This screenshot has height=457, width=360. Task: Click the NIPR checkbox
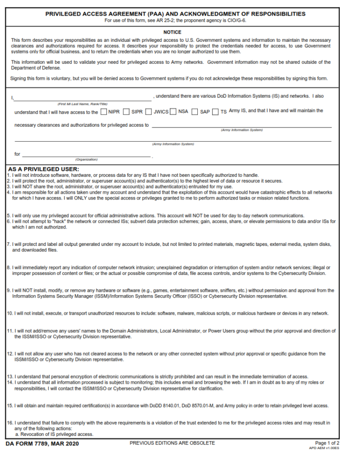click(103, 112)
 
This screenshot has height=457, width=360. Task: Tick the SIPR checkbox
click(127, 112)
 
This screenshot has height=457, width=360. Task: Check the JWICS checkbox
click(149, 112)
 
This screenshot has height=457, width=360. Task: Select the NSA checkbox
click(173, 112)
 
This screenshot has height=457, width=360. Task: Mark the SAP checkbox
click(195, 112)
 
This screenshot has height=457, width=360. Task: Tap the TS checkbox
click(216, 112)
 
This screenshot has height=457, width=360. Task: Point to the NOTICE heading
click(172, 32)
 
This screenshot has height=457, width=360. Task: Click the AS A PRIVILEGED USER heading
click(44, 169)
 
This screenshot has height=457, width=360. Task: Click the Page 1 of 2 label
click(327, 443)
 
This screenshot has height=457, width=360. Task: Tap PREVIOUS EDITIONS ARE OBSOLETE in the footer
click(172, 443)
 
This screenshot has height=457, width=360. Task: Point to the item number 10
click(9, 313)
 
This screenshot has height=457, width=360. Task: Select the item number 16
click(9, 423)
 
